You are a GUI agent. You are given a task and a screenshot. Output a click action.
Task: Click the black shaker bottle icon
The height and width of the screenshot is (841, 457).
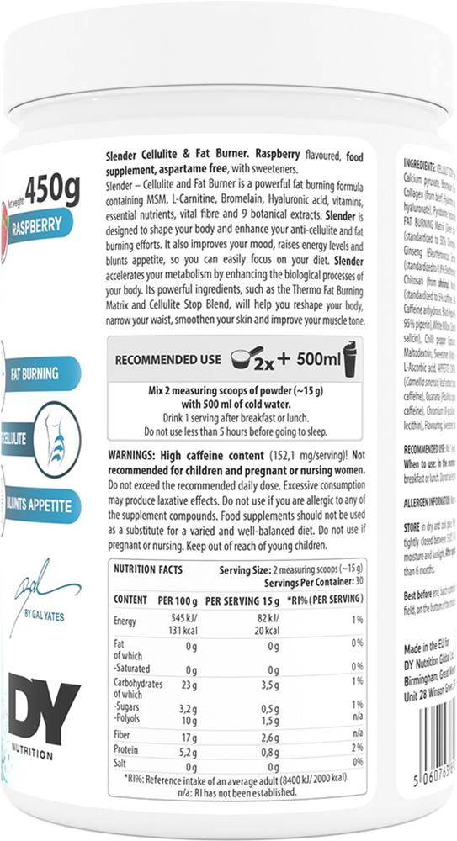[x=352, y=359]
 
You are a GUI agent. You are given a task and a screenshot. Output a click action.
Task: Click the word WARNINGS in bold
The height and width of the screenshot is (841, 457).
[x=136, y=454]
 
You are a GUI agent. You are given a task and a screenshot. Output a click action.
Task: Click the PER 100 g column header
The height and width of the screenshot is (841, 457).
[x=173, y=600]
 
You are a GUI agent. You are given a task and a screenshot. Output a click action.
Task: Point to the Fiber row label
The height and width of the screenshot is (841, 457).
[x=125, y=737]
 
